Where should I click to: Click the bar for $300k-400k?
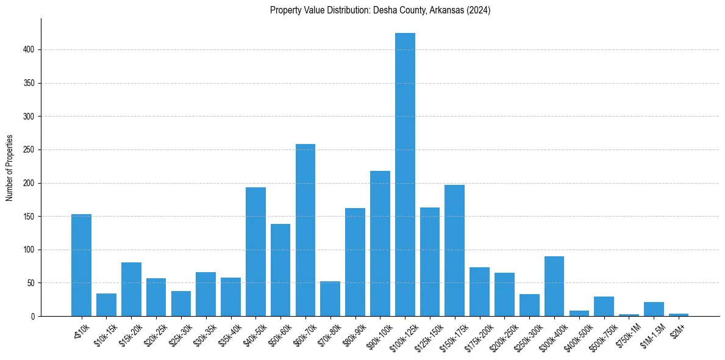tap(554, 286)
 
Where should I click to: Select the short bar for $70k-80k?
tap(330, 298)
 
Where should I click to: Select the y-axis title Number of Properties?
tap(10, 168)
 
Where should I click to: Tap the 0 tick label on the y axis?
tap(33, 316)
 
